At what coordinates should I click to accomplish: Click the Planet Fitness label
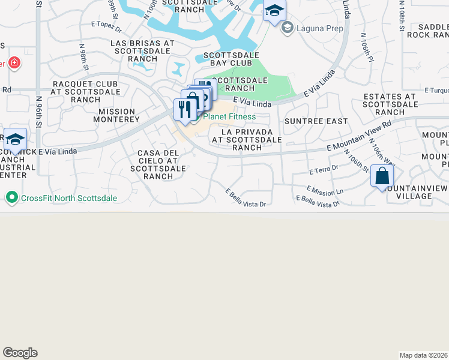click(x=229, y=116)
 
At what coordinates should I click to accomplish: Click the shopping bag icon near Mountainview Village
click(x=382, y=177)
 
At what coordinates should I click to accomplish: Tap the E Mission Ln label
click(x=325, y=190)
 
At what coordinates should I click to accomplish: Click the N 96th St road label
click(x=38, y=108)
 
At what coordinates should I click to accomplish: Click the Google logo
click(x=20, y=353)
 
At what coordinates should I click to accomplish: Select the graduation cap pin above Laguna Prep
click(x=274, y=11)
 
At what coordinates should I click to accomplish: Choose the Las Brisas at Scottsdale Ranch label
click(x=142, y=51)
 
